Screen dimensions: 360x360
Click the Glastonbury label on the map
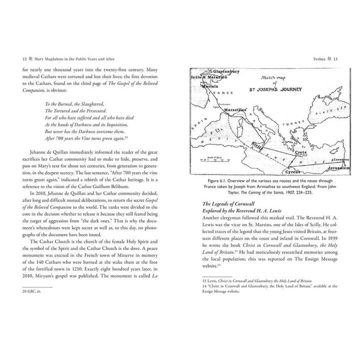[222, 71]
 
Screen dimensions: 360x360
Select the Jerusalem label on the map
[338, 168]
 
